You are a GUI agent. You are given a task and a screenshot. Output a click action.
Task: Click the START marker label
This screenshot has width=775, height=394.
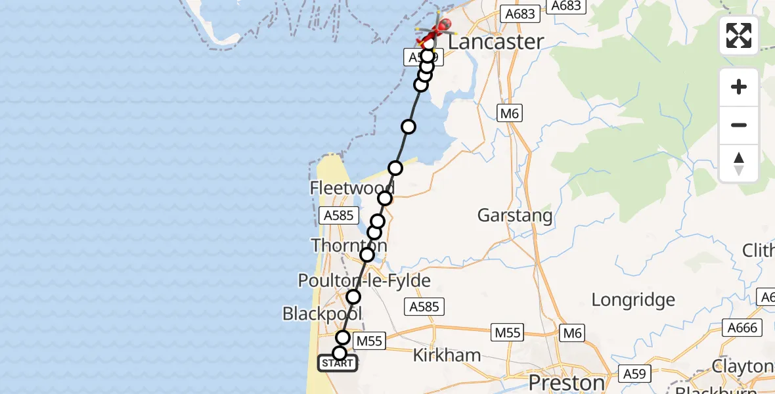tap(338, 363)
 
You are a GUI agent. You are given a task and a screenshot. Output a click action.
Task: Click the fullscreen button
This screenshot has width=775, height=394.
tap(739, 35)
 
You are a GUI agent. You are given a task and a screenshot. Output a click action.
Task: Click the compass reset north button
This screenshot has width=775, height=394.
tap(739, 163)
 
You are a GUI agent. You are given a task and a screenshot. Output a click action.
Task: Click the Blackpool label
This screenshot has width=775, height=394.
tap(322, 313)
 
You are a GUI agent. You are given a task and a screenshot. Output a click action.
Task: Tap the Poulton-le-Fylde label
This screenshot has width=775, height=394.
tap(365, 281)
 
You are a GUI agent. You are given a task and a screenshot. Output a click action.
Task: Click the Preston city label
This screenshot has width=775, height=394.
tap(566, 382)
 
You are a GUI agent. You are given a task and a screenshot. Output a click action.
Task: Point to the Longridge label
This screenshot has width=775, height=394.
tap(633, 300)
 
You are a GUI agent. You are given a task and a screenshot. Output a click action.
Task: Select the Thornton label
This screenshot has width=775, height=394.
tap(348, 246)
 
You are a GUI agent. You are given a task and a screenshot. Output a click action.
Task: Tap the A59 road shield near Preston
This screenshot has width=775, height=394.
tap(635, 374)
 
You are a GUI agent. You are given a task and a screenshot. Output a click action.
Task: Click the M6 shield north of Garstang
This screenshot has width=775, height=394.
tap(509, 114)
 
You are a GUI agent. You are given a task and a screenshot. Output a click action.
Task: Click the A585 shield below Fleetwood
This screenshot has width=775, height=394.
tap(338, 215)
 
